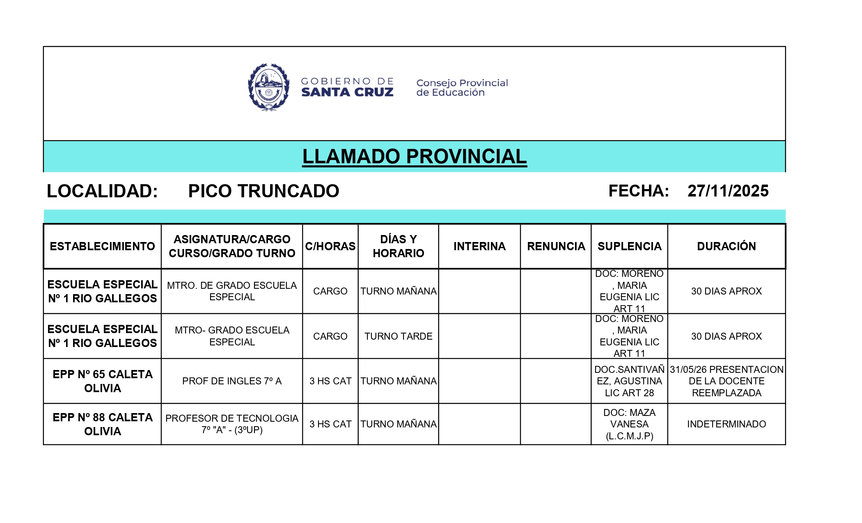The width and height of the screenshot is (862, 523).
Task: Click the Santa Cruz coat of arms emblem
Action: click(268, 87)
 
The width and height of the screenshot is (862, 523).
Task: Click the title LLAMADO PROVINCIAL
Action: click(414, 156)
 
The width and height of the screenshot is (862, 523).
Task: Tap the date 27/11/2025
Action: click(728, 191)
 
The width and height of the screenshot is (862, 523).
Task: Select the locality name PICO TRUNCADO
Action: click(264, 191)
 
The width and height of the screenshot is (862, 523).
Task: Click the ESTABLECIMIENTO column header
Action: click(102, 246)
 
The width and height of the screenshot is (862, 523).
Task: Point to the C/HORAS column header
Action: click(330, 246)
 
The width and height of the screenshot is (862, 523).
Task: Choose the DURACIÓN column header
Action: click(726, 246)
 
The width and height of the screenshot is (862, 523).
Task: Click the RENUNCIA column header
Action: click(556, 246)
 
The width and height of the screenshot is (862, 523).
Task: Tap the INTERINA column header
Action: click(479, 246)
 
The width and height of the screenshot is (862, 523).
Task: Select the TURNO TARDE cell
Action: click(398, 336)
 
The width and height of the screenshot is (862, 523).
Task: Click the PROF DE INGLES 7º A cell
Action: click(232, 381)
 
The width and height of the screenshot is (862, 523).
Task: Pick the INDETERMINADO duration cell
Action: click(726, 424)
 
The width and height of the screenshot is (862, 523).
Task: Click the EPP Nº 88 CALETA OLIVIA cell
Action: click(102, 424)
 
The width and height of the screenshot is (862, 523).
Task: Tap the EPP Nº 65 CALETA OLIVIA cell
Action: click(102, 381)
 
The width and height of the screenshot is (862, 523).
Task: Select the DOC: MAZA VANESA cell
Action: click(629, 424)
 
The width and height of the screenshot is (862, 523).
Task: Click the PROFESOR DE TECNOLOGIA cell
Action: click(232, 424)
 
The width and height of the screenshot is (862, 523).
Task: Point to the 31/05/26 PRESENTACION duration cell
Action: click(726, 381)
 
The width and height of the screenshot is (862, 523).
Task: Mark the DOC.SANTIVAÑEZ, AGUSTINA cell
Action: click(629, 381)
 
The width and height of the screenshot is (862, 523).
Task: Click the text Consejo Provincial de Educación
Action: click(462, 88)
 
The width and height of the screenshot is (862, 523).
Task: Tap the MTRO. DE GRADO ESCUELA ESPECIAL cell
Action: click(232, 291)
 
